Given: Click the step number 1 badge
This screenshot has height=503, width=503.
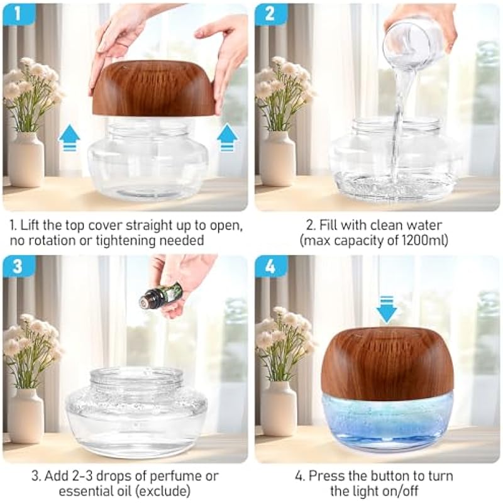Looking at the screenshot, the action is point(18,13).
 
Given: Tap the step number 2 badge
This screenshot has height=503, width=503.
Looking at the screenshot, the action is point(270,13).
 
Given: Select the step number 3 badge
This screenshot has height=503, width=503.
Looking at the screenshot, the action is point(18,265).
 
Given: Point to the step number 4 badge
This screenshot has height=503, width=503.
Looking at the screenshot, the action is point(270,265).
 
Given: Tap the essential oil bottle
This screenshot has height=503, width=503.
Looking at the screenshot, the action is point(160,294).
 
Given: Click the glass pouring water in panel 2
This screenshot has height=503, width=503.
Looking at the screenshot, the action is point(414,41).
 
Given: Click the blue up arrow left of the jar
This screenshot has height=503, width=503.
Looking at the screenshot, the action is point(69,138).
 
